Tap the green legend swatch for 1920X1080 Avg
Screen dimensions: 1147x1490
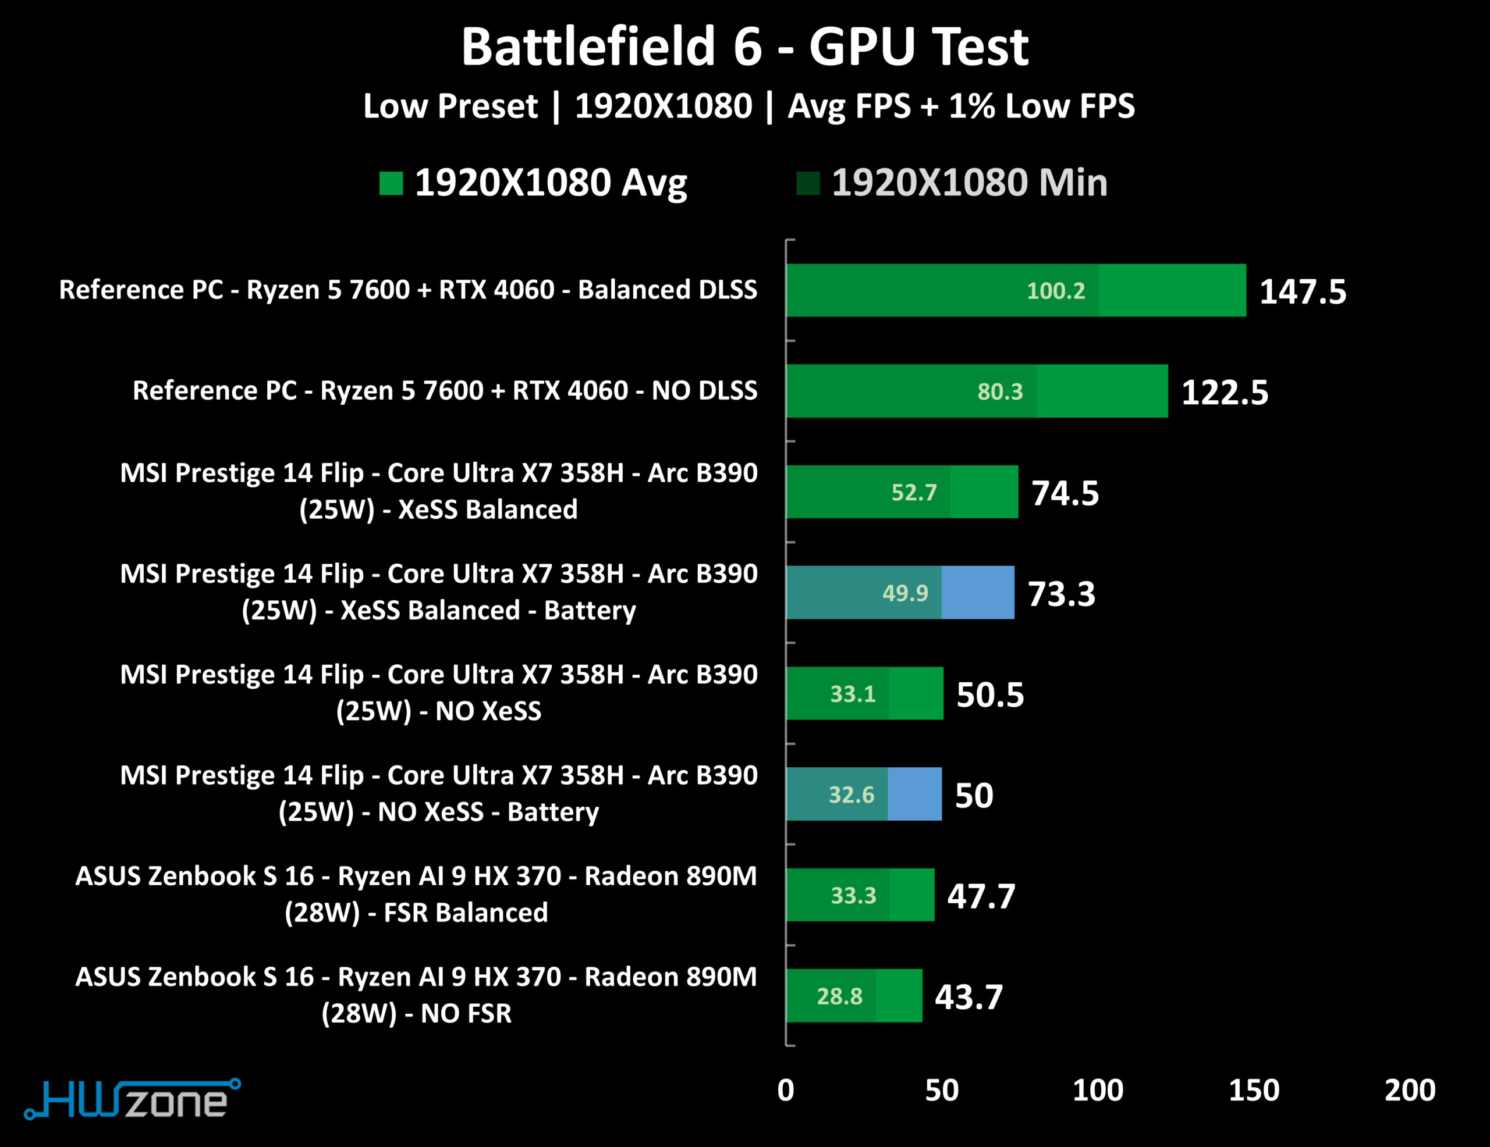pos(391,183)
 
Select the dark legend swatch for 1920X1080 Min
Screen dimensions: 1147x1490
pos(808,183)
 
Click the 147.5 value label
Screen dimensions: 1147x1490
pos(1303,292)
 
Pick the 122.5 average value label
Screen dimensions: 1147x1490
pos(1225,393)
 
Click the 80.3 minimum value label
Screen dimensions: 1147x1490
pos(999,392)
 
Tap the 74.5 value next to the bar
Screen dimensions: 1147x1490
pos(1065,493)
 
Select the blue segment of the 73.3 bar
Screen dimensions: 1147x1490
pos(978,593)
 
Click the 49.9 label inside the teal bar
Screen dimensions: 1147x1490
pos(904,593)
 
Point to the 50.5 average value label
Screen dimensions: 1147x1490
pos(990,695)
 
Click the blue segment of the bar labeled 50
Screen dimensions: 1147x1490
pos(914,794)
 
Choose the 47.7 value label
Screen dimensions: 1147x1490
pos(981,896)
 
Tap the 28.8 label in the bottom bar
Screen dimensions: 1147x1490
pos(839,997)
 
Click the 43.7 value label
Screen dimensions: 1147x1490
pos(968,997)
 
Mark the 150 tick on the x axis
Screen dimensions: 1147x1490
pos(1254,1091)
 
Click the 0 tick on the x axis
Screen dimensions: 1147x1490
pos(786,1091)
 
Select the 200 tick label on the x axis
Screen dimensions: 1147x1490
pos(1410,1091)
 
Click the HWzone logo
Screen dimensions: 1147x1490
pos(133,1099)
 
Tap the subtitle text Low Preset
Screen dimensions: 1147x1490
pos(450,106)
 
